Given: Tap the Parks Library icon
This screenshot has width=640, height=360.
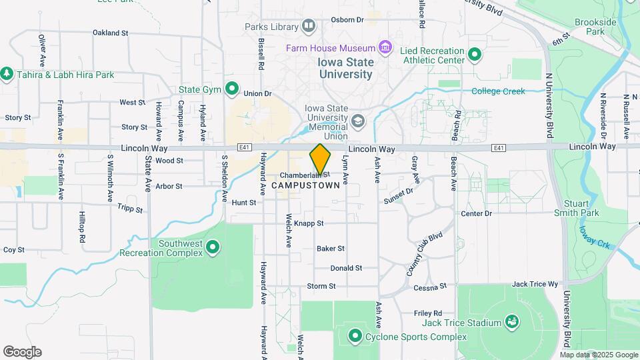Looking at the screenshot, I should click(308, 27).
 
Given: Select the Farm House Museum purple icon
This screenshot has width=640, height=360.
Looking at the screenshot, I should click(384, 48).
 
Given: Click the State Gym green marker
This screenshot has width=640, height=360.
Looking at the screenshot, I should click(232, 88).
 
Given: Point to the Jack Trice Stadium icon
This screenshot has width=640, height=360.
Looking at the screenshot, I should click(512, 323).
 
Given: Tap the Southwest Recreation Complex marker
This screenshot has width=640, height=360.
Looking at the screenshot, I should click(213, 248).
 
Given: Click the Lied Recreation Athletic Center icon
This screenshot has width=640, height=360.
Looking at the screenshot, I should click(475, 55).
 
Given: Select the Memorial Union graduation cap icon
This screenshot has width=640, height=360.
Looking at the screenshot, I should click(358, 121).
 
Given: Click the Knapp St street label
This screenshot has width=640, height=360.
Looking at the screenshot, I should click(309, 224).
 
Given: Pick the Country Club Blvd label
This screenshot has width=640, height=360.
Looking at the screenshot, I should click(425, 255).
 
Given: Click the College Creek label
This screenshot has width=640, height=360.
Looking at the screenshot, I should click(498, 91).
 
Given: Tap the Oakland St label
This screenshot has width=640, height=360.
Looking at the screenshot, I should click(110, 33).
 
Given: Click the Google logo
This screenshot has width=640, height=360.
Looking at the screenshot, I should click(22, 352).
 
